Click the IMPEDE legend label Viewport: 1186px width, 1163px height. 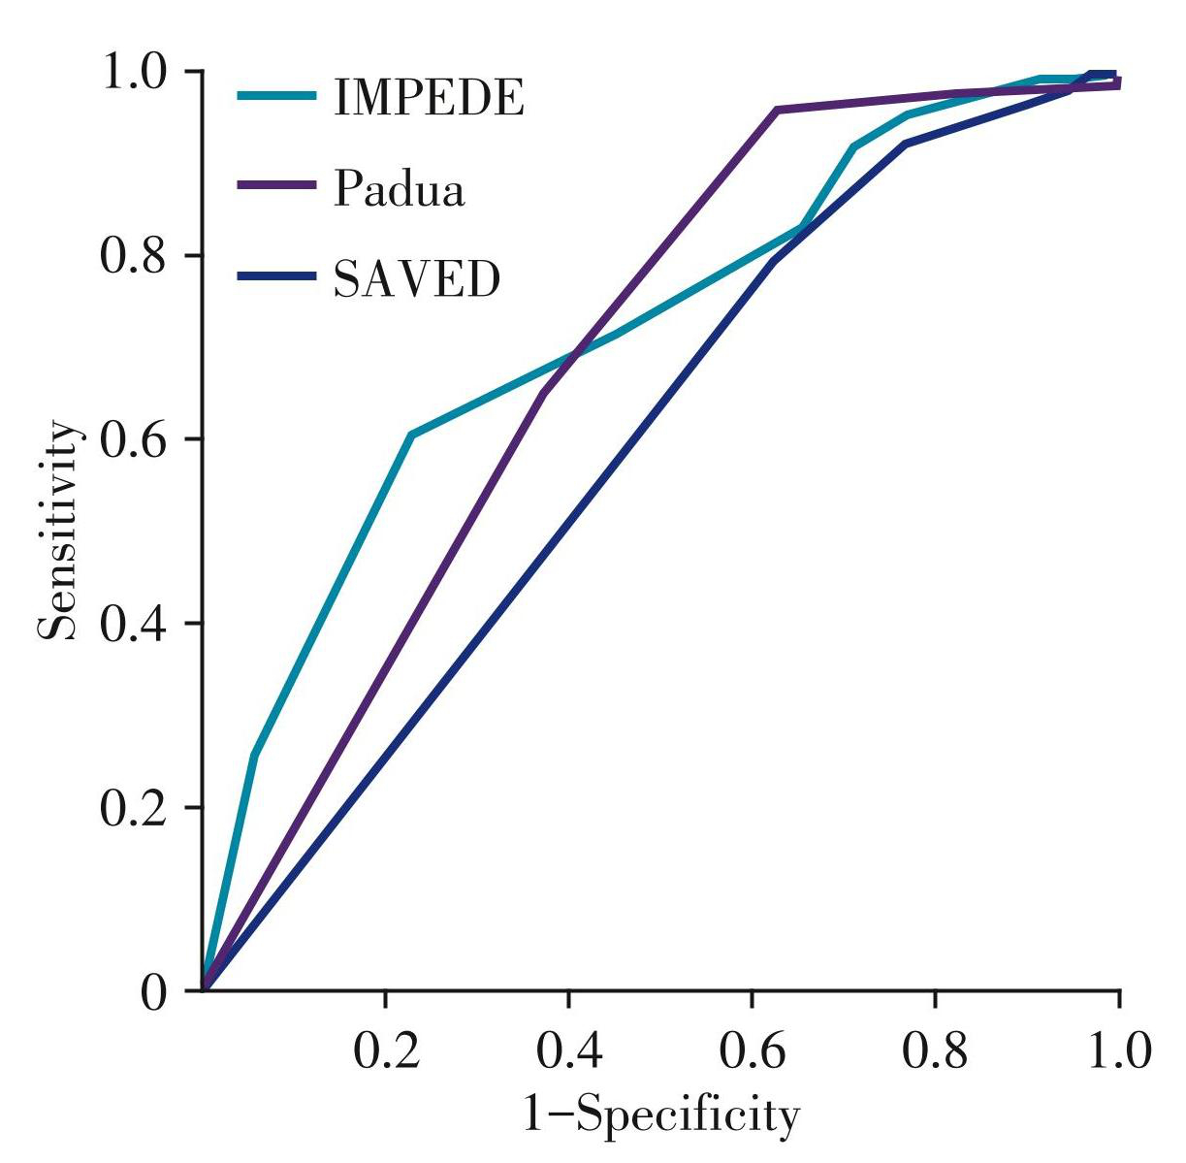click(429, 97)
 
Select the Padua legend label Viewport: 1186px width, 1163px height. click(399, 189)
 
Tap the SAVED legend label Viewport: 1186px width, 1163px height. click(417, 279)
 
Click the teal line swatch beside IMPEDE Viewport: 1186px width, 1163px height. click(276, 96)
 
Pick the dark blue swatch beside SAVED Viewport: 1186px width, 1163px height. click(276, 277)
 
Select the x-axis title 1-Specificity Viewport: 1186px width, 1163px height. click(661, 1115)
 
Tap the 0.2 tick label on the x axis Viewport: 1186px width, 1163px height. click(386, 1050)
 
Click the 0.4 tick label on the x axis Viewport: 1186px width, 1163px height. click(569, 1050)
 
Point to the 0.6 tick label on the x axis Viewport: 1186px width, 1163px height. click(753, 1050)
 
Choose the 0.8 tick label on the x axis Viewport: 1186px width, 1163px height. click(936, 1050)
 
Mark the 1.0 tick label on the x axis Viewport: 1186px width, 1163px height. click(1118, 1050)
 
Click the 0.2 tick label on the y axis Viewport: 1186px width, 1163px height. click(136, 807)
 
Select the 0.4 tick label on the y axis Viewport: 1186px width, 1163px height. click(136, 623)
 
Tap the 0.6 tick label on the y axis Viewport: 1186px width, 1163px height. click(136, 438)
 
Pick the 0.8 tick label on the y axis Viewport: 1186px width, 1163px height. click(136, 255)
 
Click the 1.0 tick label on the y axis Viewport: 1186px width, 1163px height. click(136, 72)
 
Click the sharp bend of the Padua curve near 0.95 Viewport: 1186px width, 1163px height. click(777, 111)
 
